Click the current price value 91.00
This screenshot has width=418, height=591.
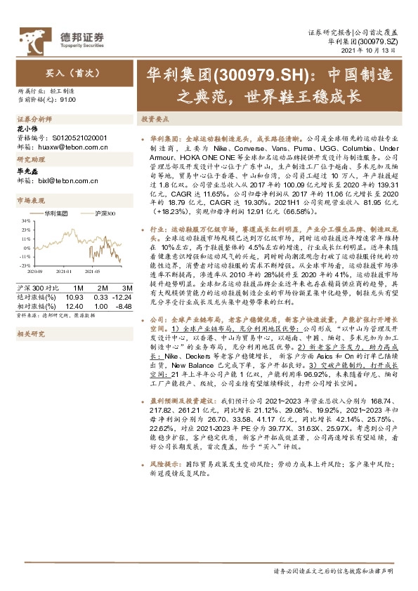pos(69,100)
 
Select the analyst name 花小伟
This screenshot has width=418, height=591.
pos(26,129)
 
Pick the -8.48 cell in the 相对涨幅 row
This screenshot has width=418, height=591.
pos(124,305)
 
